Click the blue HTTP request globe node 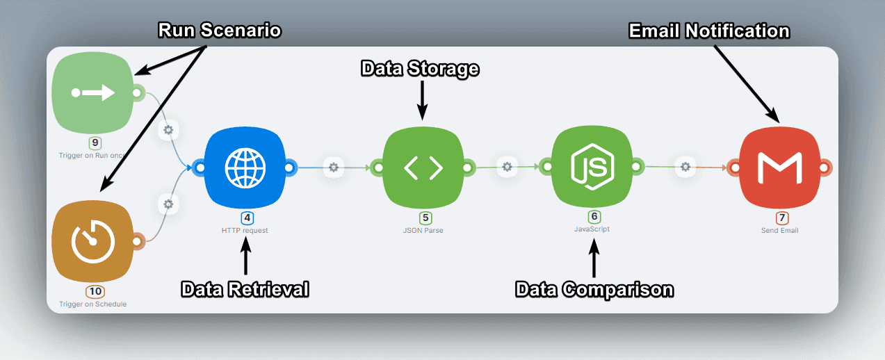point(245,167)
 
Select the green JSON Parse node point(423,167)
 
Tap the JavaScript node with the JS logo point(592,167)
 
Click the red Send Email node point(779,167)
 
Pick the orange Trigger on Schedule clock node point(92,240)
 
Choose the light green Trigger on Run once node point(92,92)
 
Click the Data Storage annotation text point(420,69)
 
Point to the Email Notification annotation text point(709,31)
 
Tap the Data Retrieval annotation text point(245,289)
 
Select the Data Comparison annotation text point(594,289)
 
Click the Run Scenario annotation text point(220,31)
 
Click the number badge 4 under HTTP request point(247,218)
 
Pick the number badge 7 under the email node point(782,218)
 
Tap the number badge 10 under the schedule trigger point(95,291)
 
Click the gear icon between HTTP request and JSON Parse point(334,167)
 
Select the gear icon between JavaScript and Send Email point(685,167)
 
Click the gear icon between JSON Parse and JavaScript point(508,167)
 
